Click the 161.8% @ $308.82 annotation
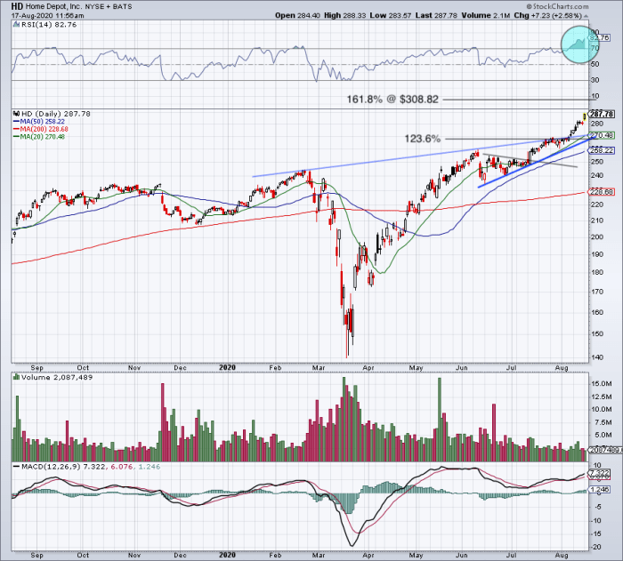point(392,99)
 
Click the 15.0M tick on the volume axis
point(601,384)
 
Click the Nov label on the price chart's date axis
point(133,366)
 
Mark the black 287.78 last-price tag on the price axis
point(603,114)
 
